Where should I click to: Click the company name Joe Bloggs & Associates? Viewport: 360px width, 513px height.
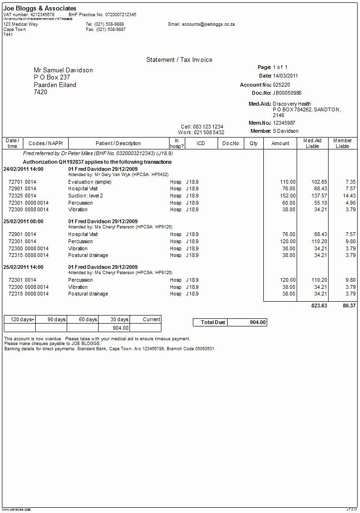(x=40, y=9)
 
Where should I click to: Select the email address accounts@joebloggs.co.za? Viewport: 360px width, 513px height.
(x=208, y=24)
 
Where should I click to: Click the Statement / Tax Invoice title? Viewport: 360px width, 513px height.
(x=179, y=59)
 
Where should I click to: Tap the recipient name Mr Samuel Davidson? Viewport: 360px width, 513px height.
(x=63, y=70)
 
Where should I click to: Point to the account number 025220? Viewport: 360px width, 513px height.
(x=281, y=85)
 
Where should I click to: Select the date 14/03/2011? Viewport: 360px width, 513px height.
(x=285, y=76)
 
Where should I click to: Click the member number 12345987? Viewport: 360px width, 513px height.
(x=284, y=123)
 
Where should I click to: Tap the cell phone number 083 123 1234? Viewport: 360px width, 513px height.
(x=208, y=127)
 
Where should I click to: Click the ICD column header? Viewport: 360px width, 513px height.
(x=200, y=143)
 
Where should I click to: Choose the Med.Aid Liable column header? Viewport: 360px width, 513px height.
(x=312, y=143)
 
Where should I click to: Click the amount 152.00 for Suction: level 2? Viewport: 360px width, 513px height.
(x=288, y=196)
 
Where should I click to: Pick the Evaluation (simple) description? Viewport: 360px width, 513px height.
(x=90, y=182)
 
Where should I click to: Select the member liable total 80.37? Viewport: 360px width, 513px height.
(x=349, y=306)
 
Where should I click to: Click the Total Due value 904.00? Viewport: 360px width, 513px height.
(x=257, y=322)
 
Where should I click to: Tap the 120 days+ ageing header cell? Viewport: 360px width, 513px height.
(x=20, y=319)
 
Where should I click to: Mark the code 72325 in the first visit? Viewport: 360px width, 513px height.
(x=15, y=196)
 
